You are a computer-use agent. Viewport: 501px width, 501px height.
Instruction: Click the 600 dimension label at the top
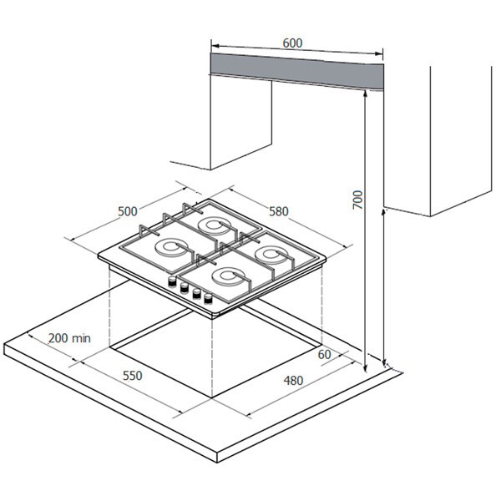[291, 43]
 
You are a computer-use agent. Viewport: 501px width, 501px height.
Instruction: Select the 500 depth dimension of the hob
[127, 211]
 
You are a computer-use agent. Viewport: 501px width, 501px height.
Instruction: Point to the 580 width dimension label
[278, 212]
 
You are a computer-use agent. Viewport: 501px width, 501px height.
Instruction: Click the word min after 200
[80, 338]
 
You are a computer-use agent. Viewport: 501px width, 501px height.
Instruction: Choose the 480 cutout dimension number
[291, 381]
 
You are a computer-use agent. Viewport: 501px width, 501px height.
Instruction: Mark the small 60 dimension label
[324, 355]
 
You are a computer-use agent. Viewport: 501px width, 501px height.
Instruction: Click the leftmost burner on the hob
[172, 247]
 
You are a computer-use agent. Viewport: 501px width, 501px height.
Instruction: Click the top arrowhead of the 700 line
[365, 94]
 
